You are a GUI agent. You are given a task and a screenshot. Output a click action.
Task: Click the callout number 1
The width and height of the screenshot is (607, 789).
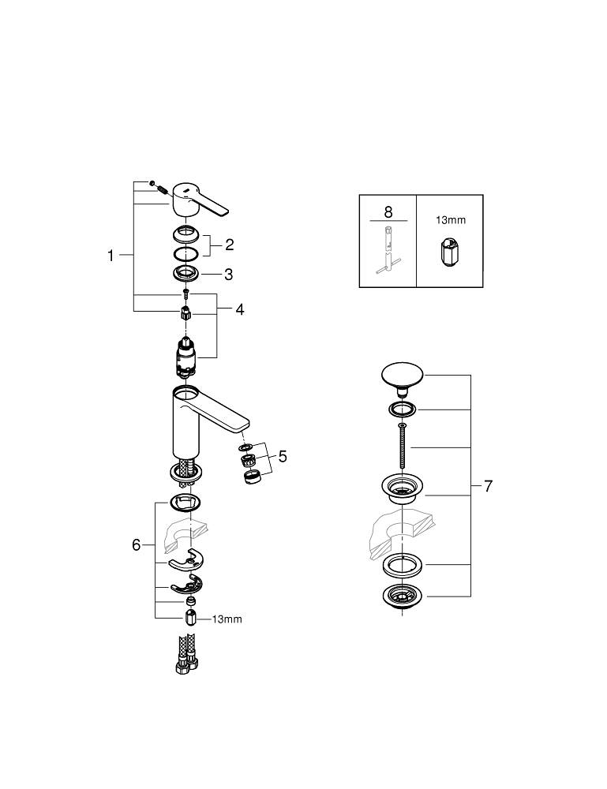[111, 255]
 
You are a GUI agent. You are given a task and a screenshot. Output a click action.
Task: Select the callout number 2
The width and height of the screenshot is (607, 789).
[229, 245]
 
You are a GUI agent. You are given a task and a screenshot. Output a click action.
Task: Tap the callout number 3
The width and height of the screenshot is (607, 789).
[229, 275]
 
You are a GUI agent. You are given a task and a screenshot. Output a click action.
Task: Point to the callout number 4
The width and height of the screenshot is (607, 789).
[239, 309]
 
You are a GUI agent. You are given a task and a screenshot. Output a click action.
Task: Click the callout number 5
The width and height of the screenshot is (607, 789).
[282, 456]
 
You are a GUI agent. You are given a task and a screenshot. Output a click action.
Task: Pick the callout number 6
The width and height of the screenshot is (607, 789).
[136, 545]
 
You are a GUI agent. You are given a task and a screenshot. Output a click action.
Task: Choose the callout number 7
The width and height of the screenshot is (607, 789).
[488, 486]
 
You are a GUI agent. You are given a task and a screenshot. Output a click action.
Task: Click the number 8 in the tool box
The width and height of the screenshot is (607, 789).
[388, 211]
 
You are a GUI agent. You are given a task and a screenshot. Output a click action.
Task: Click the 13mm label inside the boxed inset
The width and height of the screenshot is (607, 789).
[450, 220]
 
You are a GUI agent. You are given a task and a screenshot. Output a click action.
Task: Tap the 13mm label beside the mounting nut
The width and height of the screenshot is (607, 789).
[227, 619]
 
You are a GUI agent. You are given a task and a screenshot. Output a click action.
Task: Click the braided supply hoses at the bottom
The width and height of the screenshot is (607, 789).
[185, 656]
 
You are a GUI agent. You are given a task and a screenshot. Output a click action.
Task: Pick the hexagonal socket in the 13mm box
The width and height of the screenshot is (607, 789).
[448, 251]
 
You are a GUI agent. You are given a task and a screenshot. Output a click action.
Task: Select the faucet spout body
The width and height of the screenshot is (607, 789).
[197, 418]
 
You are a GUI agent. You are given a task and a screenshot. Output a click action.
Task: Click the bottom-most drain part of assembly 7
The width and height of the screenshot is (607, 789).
[403, 596]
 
